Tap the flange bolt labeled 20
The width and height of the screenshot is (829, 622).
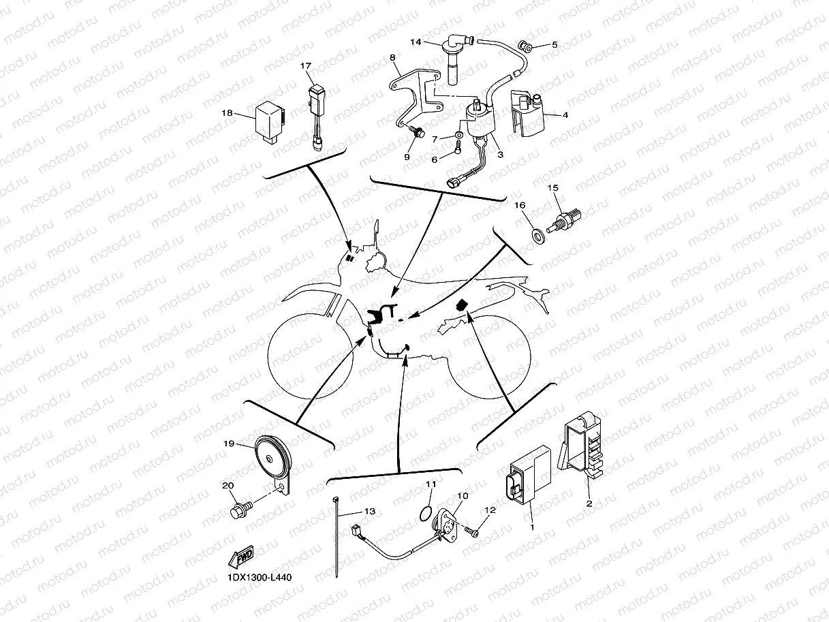[x=239, y=510]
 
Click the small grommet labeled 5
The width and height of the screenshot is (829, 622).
[x=526, y=47]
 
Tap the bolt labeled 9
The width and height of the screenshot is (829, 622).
[x=418, y=131]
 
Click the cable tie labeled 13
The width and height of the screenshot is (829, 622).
[x=338, y=538]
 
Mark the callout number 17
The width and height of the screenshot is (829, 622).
[x=305, y=66]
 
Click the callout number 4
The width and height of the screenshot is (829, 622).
[x=565, y=115]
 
